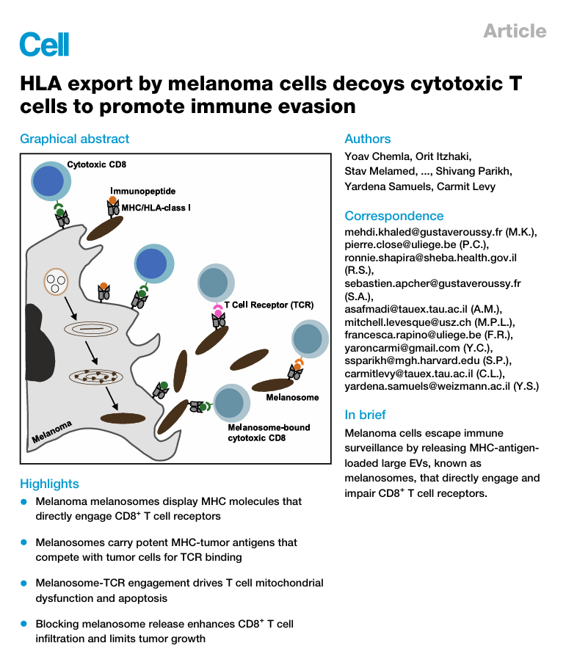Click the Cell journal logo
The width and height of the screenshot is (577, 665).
click(44, 44)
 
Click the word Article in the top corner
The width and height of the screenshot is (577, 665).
click(515, 31)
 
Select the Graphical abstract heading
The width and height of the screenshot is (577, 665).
click(74, 139)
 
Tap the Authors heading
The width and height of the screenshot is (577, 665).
click(368, 139)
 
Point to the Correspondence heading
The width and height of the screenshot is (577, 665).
click(393, 216)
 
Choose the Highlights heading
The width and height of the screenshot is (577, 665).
click(49, 484)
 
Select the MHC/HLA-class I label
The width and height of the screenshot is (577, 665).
click(156, 208)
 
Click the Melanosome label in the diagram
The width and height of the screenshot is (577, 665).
click(292, 397)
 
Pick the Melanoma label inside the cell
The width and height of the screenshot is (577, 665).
click(51, 433)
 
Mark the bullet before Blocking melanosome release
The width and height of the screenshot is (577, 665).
click(24, 624)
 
